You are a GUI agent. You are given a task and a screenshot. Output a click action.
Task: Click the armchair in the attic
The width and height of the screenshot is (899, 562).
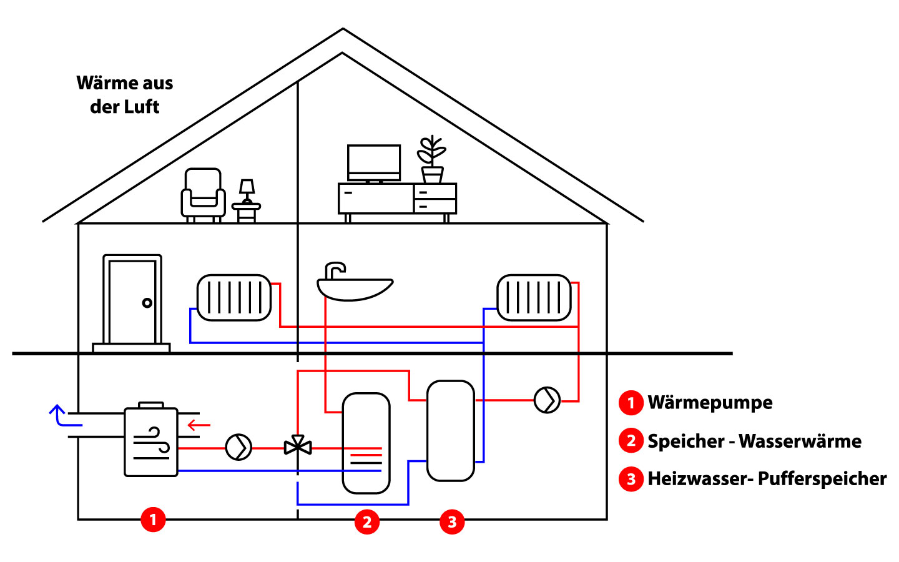pos(203,194)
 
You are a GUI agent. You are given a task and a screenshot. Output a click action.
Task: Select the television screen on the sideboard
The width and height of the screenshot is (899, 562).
pos(374,161)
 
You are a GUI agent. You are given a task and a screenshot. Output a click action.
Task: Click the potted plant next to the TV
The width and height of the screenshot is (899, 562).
pos(431,159)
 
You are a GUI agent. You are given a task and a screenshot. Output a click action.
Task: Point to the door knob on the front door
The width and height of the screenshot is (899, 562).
pos(147,303)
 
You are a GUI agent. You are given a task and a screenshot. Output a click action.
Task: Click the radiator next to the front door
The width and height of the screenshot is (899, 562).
pos(234,297)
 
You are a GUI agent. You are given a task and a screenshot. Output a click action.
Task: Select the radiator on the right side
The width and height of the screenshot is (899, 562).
pos(534,297)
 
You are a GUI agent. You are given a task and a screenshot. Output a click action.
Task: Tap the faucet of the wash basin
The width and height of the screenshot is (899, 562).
pos(334,270)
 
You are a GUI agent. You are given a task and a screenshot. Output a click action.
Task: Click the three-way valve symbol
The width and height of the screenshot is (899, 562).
pos(298,446)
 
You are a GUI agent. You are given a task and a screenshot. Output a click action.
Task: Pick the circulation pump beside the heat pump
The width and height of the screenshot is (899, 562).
pos(238,447)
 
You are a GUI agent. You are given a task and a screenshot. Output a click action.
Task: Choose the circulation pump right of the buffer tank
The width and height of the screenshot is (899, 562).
pos(548,400)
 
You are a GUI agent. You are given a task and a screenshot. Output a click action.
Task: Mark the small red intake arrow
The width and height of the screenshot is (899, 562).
pos(199,426)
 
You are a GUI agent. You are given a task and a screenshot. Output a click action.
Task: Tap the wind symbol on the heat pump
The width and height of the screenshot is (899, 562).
pos(152,442)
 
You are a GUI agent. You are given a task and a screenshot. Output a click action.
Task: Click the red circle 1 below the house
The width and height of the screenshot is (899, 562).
pos(153,520)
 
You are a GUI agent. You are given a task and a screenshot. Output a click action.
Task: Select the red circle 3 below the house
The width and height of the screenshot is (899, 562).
pos(452,521)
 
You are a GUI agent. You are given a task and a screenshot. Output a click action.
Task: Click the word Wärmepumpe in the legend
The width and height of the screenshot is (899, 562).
pos(710,403)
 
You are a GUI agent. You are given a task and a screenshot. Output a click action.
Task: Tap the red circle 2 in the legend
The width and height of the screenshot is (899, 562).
pos(631,441)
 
